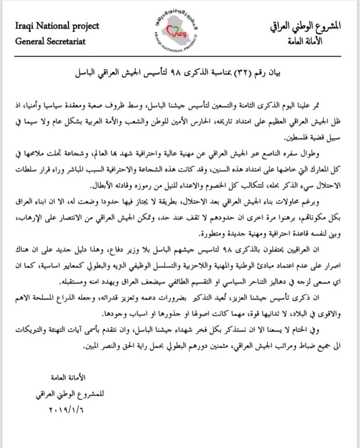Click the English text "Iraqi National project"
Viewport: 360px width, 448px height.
click(x=57, y=26)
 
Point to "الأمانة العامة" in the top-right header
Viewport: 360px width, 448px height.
click(x=320, y=41)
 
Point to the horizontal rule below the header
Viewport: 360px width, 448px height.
click(x=180, y=56)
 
